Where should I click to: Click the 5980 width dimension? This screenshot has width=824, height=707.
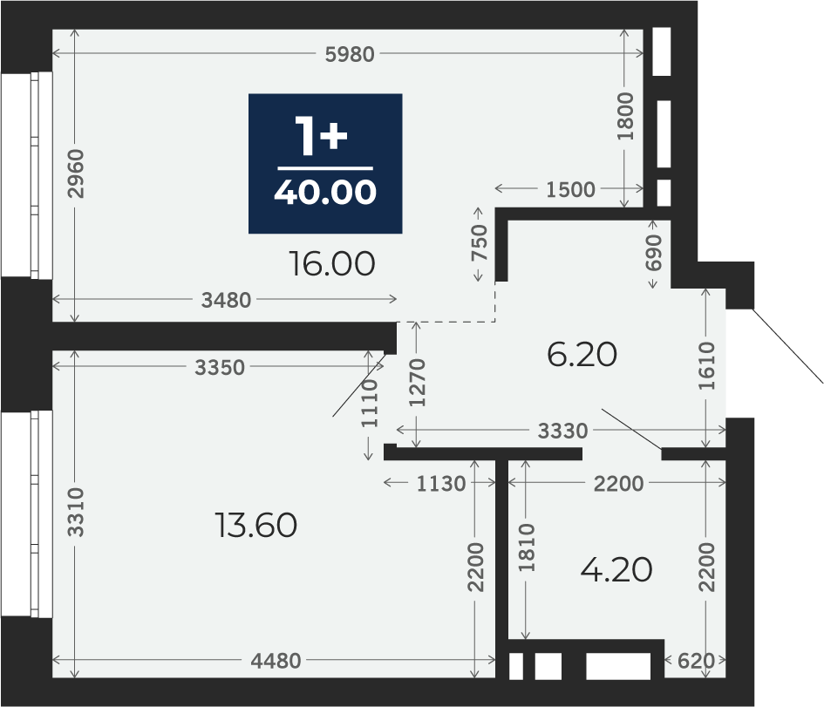[350, 54]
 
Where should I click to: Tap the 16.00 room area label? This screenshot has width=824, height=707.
[332, 263]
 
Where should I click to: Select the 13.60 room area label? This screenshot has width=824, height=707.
[256, 526]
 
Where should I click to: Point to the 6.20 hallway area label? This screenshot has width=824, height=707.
[582, 355]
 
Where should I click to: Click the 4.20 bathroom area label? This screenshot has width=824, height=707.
[616, 570]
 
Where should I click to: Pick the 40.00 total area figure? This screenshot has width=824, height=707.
[325, 193]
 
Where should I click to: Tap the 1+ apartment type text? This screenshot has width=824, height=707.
[322, 136]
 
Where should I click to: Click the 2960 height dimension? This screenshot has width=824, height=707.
[77, 173]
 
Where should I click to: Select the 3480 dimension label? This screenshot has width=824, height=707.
[227, 301]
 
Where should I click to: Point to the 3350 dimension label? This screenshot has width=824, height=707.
[220, 368]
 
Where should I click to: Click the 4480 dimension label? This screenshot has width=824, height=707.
[276, 661]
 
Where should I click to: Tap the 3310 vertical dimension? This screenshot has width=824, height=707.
[77, 512]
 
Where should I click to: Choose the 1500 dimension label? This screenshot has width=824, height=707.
[571, 190]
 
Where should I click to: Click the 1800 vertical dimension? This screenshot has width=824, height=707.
[625, 116]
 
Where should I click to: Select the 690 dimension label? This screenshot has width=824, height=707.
[654, 253]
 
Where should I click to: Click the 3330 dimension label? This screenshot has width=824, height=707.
[562, 432]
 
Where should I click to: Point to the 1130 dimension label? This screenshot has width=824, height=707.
[441, 484]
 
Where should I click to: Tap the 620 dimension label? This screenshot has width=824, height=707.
[697, 661]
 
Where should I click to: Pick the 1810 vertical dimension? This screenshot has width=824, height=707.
[527, 547]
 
